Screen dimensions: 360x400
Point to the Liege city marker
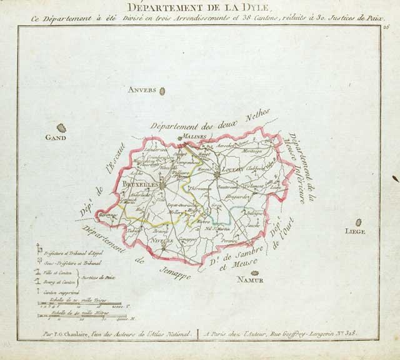coord(359,222)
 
